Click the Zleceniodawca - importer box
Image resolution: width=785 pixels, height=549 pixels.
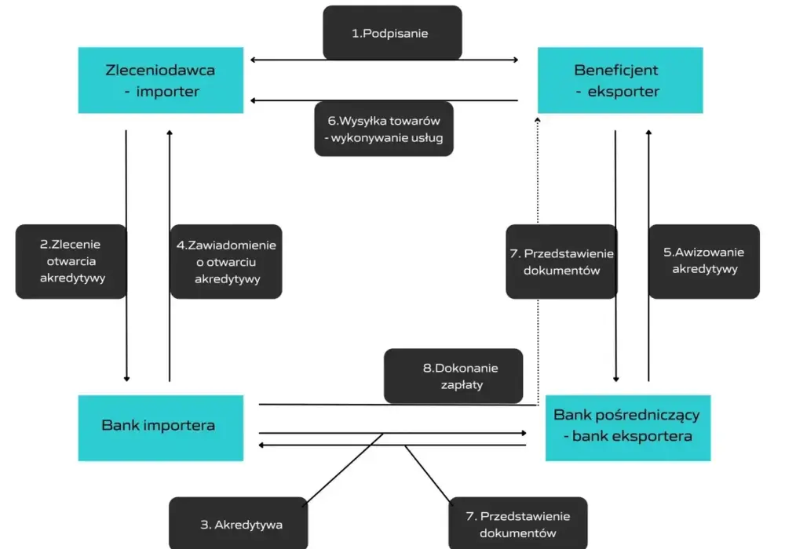(161, 80)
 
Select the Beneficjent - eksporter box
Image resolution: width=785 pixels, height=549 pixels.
(620, 80)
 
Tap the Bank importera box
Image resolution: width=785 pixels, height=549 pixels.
(161, 428)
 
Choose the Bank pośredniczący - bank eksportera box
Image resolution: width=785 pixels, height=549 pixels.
(628, 428)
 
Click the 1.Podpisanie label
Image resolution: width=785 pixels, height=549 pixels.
(390, 34)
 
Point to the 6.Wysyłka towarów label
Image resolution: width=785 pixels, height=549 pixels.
(384, 121)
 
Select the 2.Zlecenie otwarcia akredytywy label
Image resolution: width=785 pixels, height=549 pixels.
(71, 261)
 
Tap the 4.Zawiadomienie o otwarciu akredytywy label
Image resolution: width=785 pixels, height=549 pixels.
(226, 261)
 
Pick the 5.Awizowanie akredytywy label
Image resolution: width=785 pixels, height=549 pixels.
(704, 260)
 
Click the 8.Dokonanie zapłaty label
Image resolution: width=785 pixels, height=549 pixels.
(461, 376)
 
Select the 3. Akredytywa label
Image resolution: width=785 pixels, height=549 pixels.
(241, 525)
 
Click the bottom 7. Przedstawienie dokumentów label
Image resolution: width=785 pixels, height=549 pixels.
(517, 525)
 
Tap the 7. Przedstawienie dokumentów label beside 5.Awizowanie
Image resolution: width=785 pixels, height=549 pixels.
(562, 261)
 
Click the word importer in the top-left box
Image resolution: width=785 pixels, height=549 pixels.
(168, 92)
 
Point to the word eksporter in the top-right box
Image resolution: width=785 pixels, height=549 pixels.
(623, 92)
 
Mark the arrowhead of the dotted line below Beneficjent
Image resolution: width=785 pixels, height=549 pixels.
(538, 120)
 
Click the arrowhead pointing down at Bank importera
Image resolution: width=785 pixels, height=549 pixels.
(126, 379)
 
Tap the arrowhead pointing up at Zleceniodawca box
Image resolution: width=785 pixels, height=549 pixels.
(170, 133)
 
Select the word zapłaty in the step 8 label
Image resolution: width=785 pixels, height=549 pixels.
(462, 385)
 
